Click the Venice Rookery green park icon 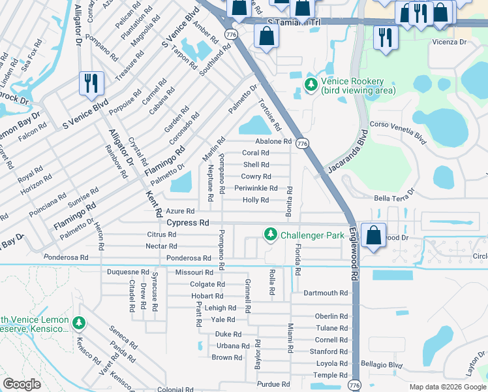[311, 85]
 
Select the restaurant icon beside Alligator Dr [89, 83]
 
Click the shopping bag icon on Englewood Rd [373, 235]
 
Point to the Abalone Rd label [273, 141]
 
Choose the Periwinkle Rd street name [256, 188]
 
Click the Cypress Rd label [187, 223]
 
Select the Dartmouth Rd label [326, 293]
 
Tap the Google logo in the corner [22, 384]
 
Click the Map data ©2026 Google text [447, 387]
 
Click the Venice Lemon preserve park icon [79, 323]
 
